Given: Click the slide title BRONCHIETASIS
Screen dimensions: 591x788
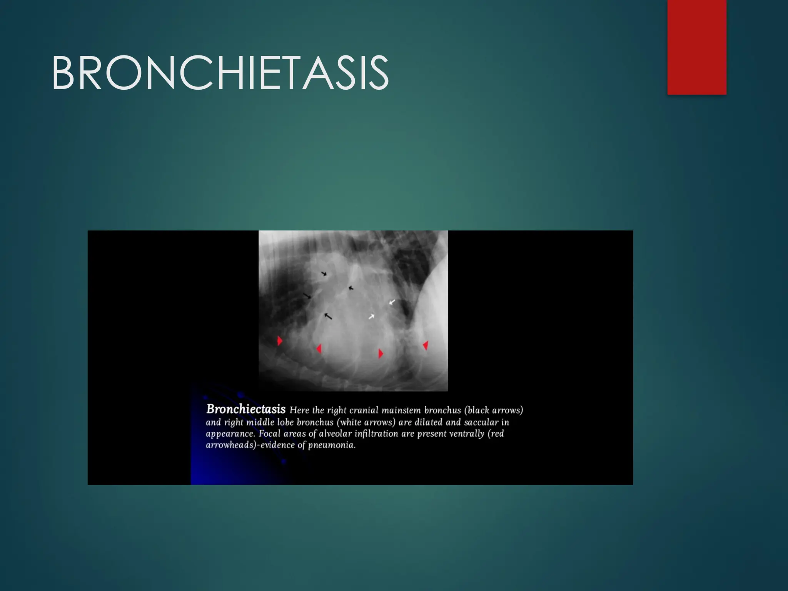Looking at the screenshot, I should (x=220, y=73).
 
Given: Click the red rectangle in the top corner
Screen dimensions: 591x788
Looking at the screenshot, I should (x=696, y=47).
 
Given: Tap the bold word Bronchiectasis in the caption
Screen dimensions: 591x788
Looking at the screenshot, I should (x=246, y=409).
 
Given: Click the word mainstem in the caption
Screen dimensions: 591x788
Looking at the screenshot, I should (x=401, y=410).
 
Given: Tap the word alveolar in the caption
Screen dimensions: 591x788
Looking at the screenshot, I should (x=335, y=434).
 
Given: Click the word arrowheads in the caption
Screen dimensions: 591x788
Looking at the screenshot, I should (x=231, y=445).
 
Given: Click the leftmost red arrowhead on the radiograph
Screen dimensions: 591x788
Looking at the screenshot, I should (x=280, y=341).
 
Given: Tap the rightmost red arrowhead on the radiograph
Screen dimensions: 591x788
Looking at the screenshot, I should (x=426, y=345).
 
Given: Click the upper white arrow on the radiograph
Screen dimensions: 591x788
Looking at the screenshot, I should (x=392, y=302).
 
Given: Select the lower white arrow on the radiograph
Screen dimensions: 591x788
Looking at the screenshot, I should (x=371, y=317).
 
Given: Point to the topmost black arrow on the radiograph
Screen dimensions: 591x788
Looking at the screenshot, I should (x=324, y=274).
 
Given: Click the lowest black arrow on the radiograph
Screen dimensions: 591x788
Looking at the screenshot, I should (x=328, y=316).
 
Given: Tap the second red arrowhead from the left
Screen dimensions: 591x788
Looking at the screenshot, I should (x=319, y=349).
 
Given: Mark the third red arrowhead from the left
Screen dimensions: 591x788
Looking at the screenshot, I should (x=381, y=353).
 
